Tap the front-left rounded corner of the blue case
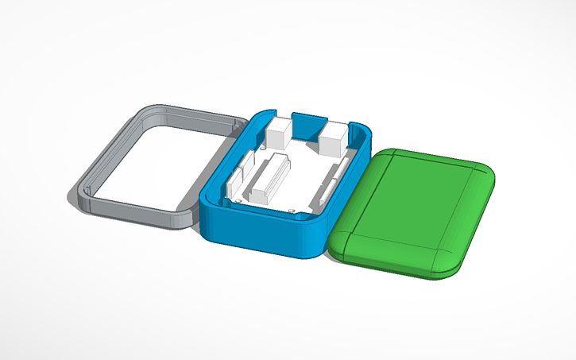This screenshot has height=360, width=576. pos(208,213)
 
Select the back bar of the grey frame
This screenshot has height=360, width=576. pos(191,116)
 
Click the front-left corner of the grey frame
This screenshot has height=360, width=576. pos(83,195)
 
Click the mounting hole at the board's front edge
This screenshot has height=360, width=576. pos(293,211)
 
